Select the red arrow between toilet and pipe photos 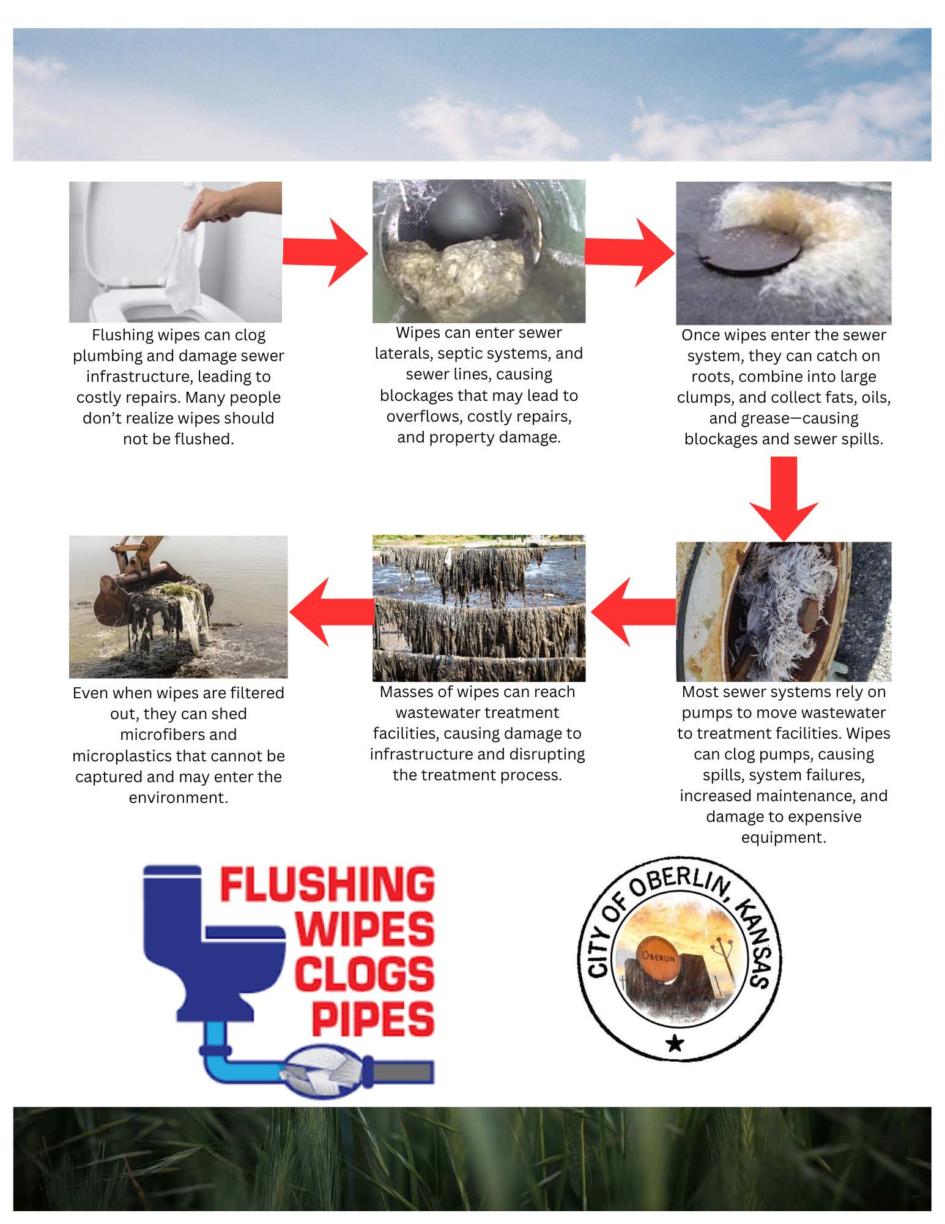[325, 252]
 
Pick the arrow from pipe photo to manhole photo [630, 252]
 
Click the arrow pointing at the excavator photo [331, 611]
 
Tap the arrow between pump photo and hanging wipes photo [634, 611]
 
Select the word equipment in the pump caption [784, 838]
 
